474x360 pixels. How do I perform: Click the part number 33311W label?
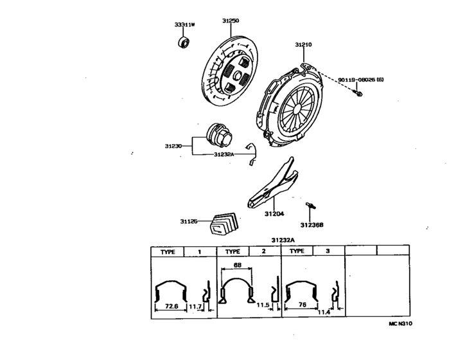(184, 24)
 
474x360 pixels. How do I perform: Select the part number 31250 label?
(231, 21)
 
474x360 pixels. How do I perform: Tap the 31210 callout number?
(303, 45)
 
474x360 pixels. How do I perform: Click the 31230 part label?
(174, 146)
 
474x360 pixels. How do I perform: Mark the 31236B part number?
(312, 225)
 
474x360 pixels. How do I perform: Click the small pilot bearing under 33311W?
(184, 42)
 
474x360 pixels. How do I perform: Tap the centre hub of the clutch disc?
(238, 76)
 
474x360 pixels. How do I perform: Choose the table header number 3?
(327, 251)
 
